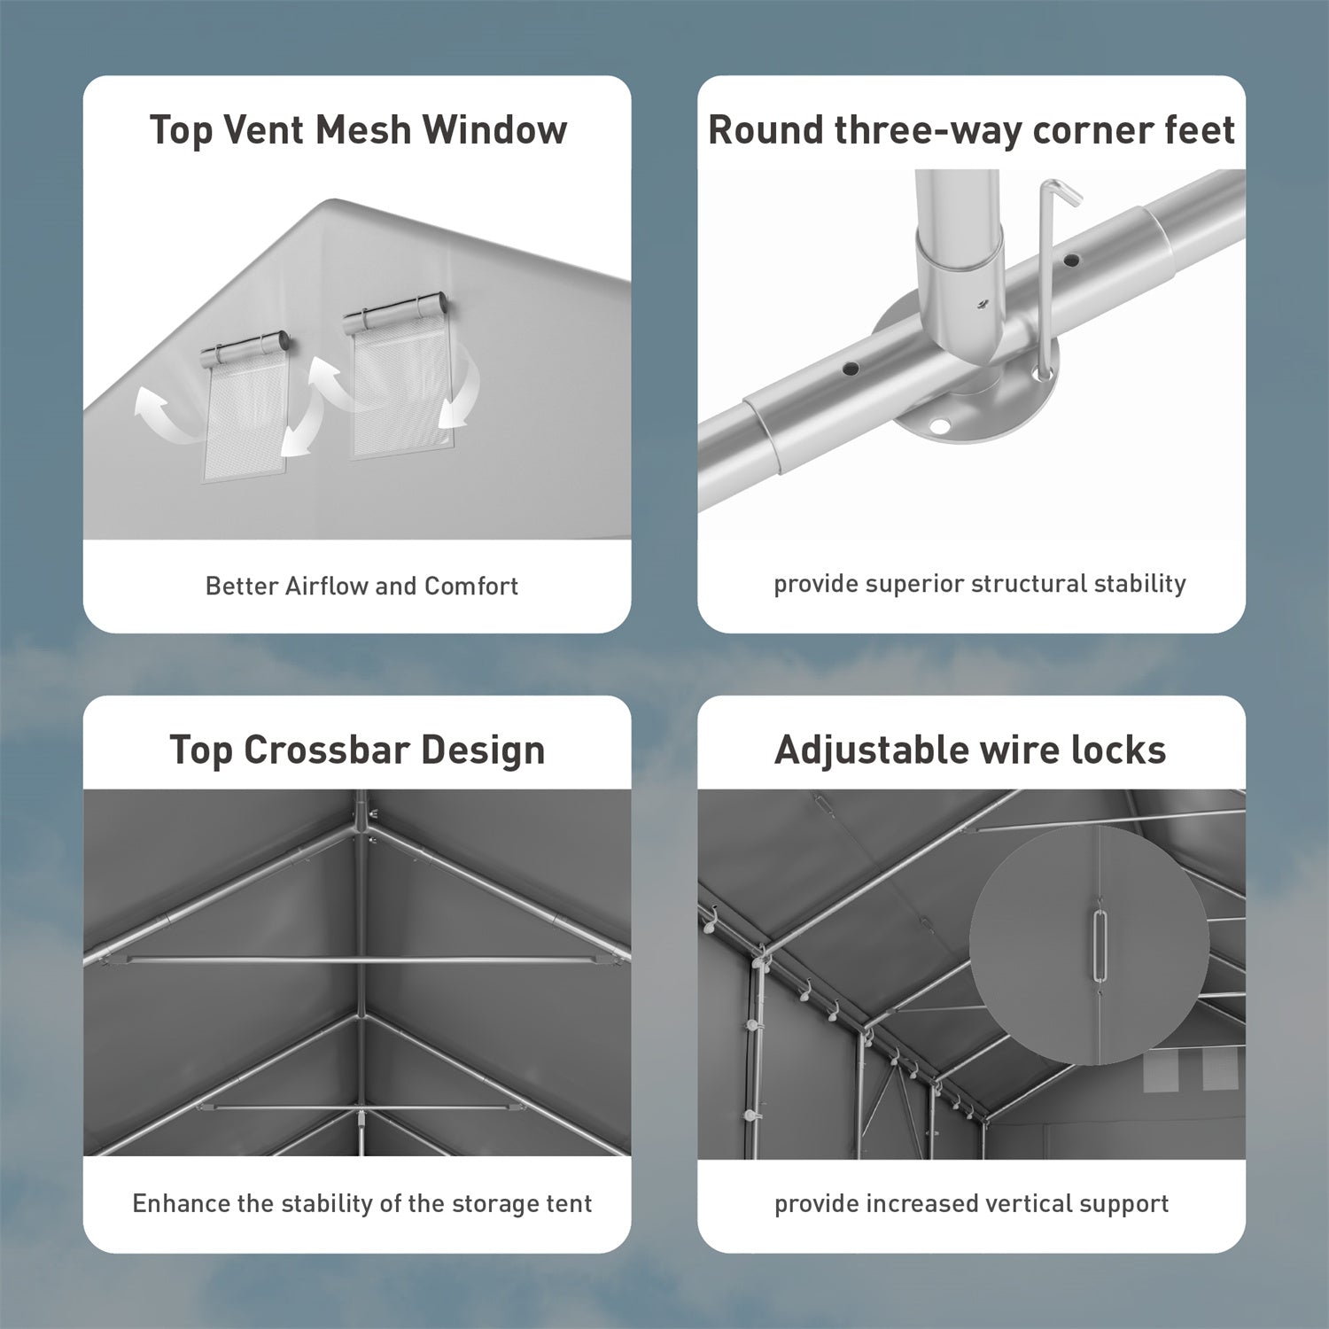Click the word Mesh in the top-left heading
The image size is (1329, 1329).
click(x=364, y=129)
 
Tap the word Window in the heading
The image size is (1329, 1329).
click(x=494, y=129)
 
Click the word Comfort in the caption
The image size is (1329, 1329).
click(x=471, y=586)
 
